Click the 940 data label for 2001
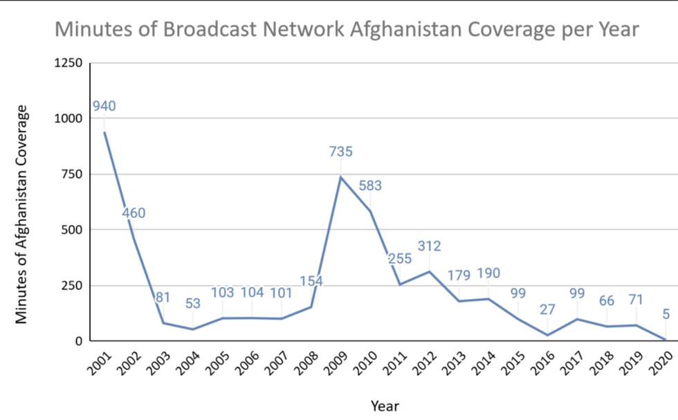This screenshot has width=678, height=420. click(x=104, y=107)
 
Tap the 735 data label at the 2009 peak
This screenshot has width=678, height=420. click(x=340, y=151)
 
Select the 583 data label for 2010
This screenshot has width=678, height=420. click(x=370, y=186)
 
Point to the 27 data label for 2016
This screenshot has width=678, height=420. click(x=547, y=309)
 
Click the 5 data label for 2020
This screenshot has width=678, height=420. click(x=666, y=315)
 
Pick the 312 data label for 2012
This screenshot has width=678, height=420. click(x=429, y=246)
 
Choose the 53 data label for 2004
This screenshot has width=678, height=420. click(x=192, y=304)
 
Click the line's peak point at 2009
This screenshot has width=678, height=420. click(x=340, y=177)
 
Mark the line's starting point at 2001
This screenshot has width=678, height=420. click(x=104, y=131)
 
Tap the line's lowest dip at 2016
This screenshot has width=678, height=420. click(x=547, y=335)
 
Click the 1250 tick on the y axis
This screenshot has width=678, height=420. click(x=68, y=64)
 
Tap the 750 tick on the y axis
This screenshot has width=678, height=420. click(x=71, y=174)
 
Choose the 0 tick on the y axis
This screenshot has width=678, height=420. click(x=78, y=341)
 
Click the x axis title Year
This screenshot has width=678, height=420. click(x=384, y=405)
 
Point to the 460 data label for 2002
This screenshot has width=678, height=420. click(x=134, y=213)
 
